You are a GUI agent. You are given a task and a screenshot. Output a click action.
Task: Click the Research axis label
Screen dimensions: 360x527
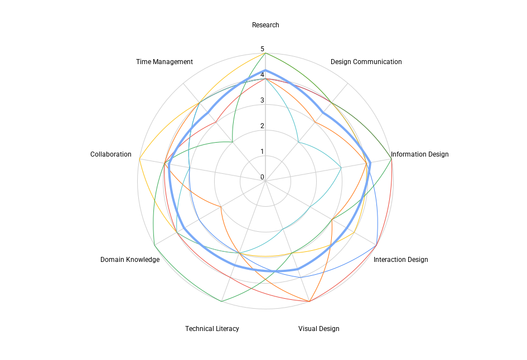pos(265,25)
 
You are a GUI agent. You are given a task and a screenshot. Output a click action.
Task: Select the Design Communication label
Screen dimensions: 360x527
pos(366,62)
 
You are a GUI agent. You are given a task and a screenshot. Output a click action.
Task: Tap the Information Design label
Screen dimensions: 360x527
pos(419,154)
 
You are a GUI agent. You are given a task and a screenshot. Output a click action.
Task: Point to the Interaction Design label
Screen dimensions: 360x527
pos(400,260)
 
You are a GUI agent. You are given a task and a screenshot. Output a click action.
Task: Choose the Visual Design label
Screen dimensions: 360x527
pos(318,329)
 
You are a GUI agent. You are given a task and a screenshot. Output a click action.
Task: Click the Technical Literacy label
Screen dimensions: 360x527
pos(212,329)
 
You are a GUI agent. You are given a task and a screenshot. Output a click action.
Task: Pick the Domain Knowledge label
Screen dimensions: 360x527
pos(130,260)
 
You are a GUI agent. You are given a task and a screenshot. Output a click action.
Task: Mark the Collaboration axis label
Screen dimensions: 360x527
pos(111,154)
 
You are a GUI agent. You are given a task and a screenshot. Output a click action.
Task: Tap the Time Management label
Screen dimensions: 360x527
pos(165,62)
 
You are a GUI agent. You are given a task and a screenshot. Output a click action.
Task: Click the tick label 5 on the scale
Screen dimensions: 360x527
pos(262,49)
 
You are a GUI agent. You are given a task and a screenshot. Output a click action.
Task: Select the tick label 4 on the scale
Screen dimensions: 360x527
pos(262,75)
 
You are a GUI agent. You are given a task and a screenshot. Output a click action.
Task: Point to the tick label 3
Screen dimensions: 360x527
pos(262,100)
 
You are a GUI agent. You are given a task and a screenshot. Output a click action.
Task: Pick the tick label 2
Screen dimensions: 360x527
pos(262,126)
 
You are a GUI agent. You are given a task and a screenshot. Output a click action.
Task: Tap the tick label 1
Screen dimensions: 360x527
pos(262,152)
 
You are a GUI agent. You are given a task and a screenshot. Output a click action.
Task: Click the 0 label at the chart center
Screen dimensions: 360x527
pos(262,177)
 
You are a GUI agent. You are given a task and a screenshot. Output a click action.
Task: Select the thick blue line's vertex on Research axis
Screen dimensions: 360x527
pos(265,70)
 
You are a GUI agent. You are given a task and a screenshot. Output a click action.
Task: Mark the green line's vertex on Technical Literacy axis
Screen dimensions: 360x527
pos(222,301)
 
